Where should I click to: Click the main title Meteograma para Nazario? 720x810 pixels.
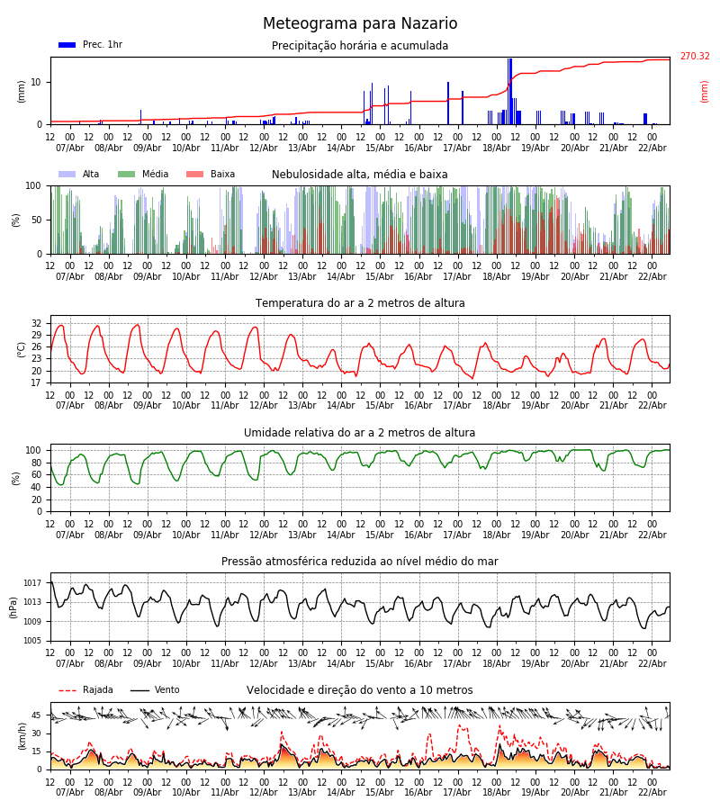[360, 24]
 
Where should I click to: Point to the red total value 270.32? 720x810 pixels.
[694, 57]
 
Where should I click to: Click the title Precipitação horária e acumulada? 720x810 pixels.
[360, 46]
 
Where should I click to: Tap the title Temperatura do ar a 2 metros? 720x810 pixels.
[360, 304]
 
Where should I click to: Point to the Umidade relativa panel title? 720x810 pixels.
[360, 433]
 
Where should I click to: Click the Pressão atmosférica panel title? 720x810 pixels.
[360, 562]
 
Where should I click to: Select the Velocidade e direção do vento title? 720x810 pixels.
[360, 690]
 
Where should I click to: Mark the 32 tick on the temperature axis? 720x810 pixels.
[36, 323]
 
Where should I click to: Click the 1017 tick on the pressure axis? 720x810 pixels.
[32, 583]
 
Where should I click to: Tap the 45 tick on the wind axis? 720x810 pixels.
[36, 715]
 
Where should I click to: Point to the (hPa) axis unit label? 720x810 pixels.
[13, 607]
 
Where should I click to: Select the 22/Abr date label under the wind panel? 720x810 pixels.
[652, 792]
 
